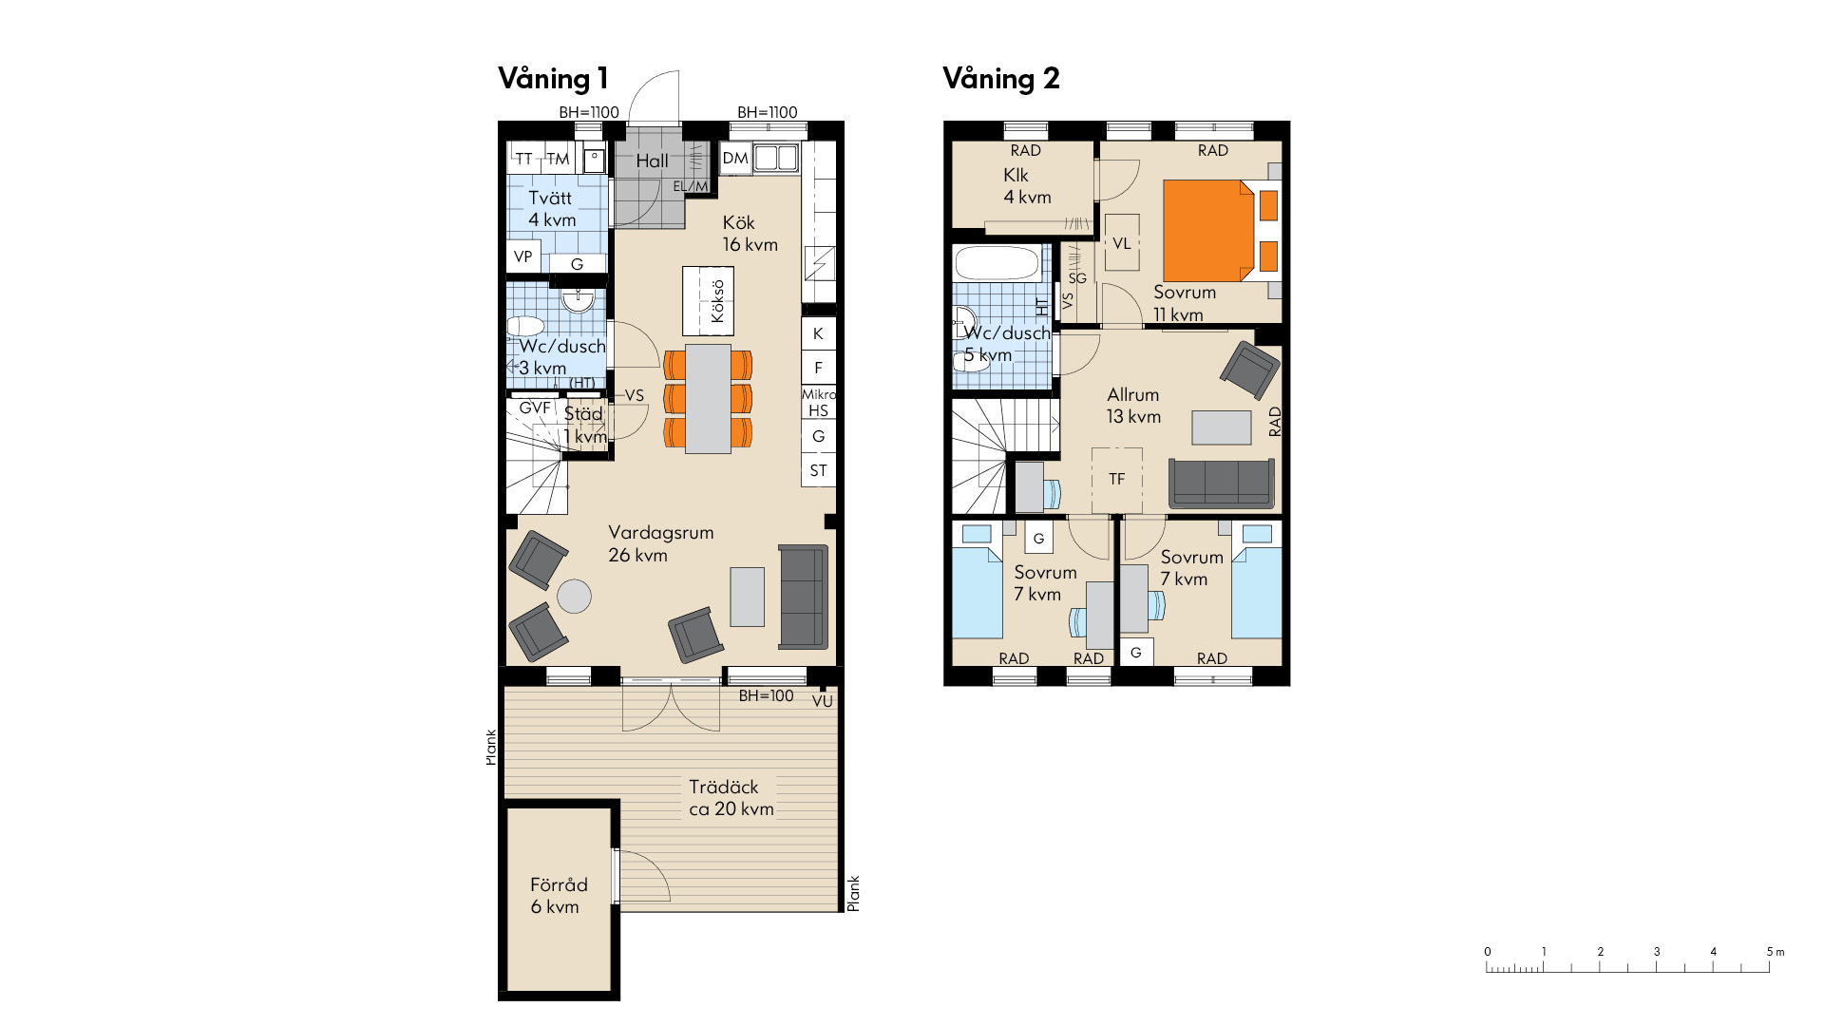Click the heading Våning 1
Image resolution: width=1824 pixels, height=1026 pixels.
(553, 79)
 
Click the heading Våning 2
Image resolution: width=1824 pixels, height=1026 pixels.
(1000, 79)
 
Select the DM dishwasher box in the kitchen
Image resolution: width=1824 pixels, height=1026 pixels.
(734, 159)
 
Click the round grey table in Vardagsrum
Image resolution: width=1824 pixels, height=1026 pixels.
(574, 597)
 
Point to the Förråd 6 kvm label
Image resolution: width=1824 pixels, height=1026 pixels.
(559, 896)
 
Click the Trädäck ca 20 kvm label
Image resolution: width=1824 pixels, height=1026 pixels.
(731, 798)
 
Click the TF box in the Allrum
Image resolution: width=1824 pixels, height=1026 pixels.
(1116, 480)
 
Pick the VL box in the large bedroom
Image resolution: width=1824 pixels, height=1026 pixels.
(1122, 243)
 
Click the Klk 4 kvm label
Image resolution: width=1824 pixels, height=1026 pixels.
(1027, 186)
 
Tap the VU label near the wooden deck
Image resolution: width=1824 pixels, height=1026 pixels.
(823, 702)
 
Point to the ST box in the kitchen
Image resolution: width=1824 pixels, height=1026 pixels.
(818, 470)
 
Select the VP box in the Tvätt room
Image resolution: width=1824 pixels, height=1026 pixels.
(522, 256)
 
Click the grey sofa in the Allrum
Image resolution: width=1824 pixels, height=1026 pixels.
(1222, 484)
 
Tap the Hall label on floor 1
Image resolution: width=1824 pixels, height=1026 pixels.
(652, 161)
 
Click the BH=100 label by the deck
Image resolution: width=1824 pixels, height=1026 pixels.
(766, 695)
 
